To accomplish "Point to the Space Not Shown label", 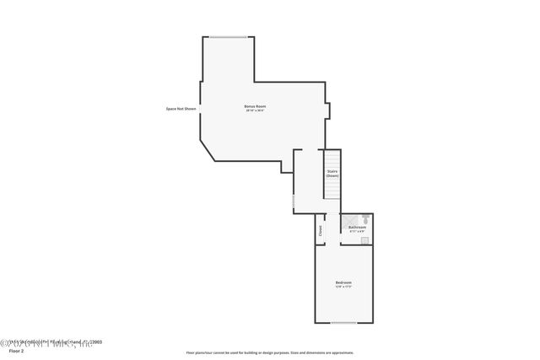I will click(x=181, y=107).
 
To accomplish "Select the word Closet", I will click(x=321, y=229).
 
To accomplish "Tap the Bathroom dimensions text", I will click(x=358, y=230).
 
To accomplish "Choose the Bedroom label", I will click(x=343, y=282).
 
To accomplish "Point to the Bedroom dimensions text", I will click(x=343, y=287).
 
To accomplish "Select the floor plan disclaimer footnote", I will click(x=270, y=352).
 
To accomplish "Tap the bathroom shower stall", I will click(x=348, y=220).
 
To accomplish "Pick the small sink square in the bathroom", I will click(x=364, y=240).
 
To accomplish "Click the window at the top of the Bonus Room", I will click(x=229, y=36).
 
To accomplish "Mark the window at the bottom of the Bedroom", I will click(x=343, y=323).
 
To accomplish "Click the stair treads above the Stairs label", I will click(x=332, y=158).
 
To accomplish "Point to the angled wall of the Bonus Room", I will click(x=208, y=143).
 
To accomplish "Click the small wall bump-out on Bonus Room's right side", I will click(x=329, y=110).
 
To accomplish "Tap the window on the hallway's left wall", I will click(x=294, y=202).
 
